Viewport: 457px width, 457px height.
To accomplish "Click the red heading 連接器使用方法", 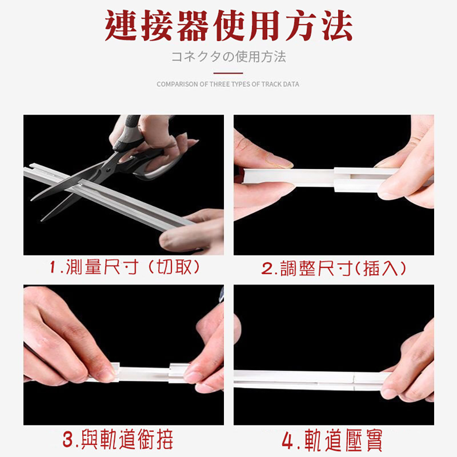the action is coord(228,26).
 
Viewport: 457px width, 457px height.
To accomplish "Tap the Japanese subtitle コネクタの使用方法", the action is coord(228,57).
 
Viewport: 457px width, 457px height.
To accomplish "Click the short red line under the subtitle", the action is coord(228,73).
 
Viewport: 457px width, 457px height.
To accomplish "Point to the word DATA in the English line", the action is coord(291,84).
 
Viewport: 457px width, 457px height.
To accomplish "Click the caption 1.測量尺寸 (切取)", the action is coord(124,267).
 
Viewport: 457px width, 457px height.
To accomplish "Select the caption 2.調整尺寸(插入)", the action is coord(334,268).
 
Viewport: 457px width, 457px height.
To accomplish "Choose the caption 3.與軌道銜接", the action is coord(118,439).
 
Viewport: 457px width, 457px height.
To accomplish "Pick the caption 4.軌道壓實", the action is coord(332,440).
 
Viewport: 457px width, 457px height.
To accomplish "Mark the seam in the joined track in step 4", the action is coord(354,380).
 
